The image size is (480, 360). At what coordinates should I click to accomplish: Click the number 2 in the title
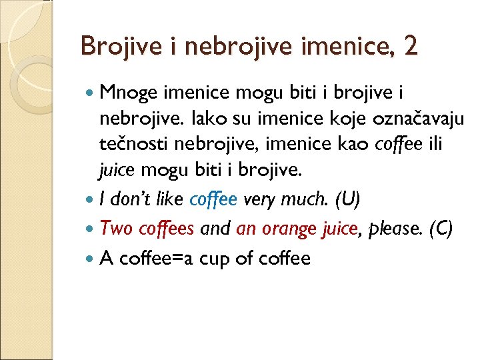[409, 47]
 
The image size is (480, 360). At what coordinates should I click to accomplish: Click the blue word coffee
[213, 199]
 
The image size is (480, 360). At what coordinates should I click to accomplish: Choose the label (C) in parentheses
[441, 229]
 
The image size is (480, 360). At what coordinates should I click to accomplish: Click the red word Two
[117, 229]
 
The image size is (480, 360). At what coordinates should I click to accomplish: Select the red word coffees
[166, 229]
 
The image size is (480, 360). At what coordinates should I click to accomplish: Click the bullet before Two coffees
[90, 229]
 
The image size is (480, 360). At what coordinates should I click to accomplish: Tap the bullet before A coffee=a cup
[90, 258]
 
